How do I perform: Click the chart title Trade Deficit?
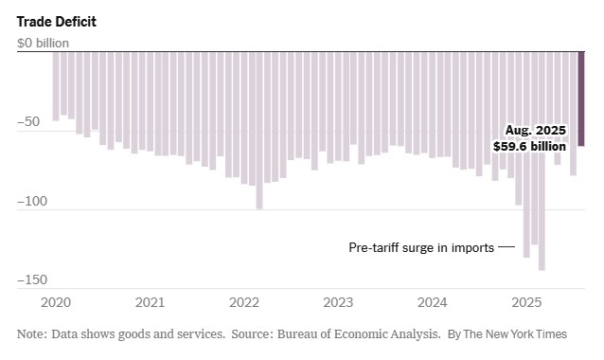(56, 21)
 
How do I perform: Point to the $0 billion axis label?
(44, 43)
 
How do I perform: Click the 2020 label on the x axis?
(56, 303)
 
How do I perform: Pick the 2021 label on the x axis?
(150, 303)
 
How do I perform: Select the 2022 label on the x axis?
(244, 303)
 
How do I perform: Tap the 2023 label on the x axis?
(338, 303)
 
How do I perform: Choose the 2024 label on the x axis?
(433, 303)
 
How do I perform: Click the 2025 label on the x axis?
(526, 303)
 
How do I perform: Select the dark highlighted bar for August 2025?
(581, 99)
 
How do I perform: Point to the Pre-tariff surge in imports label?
(421, 248)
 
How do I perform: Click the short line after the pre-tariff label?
(506, 248)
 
